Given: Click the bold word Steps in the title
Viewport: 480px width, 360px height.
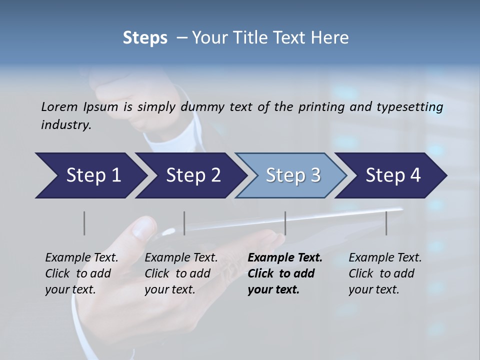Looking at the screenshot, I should point(145,38).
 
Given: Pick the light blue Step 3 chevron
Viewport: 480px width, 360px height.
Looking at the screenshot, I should point(290,175).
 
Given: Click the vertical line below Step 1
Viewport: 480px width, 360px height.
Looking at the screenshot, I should point(84,223).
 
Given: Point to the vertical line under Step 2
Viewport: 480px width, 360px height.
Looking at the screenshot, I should point(184,223).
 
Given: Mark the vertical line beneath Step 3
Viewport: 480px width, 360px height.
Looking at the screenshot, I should point(285,223).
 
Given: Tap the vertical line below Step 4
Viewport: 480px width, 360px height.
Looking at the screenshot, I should point(386,223).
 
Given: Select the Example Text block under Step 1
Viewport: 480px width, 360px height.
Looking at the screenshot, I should point(81,273).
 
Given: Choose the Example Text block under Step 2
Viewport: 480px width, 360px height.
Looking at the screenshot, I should point(181,273).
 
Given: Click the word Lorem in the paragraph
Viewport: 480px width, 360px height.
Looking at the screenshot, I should point(59,107).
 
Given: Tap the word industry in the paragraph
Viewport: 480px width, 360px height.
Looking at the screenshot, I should point(66,125).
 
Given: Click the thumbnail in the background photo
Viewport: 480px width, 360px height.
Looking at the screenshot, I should point(143,227).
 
